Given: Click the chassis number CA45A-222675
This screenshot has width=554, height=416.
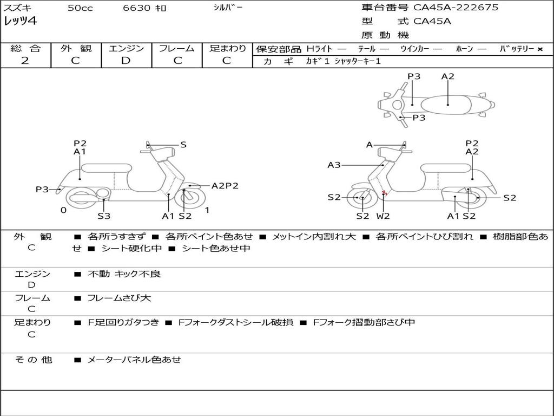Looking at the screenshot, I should (x=456, y=8).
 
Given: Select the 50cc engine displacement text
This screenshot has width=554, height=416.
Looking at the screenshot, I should (x=80, y=8).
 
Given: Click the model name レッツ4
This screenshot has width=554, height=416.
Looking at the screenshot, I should (x=20, y=22).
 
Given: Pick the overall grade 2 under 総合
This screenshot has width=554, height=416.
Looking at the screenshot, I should (x=25, y=61).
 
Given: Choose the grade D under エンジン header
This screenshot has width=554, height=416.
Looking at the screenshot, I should (x=126, y=61).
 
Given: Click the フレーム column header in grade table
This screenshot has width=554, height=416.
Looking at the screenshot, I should (x=176, y=48).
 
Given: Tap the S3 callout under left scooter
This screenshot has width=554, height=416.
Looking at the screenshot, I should (x=104, y=216).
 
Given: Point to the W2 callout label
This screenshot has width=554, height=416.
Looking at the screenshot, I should (x=383, y=216).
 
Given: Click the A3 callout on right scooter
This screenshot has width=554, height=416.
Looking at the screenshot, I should (x=334, y=165).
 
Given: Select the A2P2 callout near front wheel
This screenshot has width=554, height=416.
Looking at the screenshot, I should (x=225, y=186).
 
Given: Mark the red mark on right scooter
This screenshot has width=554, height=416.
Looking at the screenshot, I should (x=384, y=193).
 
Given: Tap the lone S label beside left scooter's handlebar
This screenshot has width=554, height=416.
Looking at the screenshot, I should (x=183, y=145).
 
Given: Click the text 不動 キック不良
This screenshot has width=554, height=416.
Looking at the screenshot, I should (x=124, y=274).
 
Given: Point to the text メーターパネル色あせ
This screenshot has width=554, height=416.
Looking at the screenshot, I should (x=134, y=360).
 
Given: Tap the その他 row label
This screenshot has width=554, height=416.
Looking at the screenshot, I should (x=33, y=360).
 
